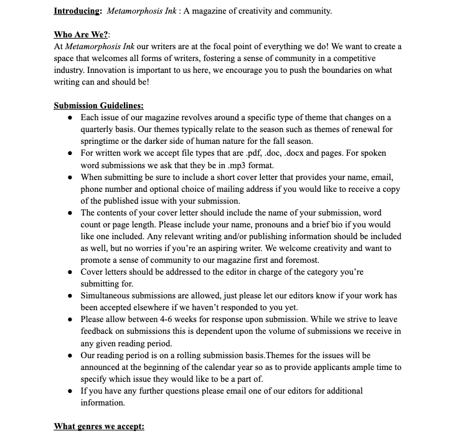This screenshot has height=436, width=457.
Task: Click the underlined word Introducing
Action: [x=77, y=11]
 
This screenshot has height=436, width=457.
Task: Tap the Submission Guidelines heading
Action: [x=98, y=105]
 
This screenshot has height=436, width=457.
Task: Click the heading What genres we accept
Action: [x=99, y=426]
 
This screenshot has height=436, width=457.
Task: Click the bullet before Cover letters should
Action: [x=72, y=272]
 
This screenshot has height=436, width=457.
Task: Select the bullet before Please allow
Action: [x=72, y=320]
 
